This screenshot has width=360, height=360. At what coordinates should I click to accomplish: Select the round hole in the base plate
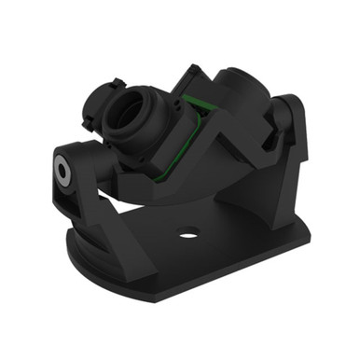pyautogui.click(x=188, y=233)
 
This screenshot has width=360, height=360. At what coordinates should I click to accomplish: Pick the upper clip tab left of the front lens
pyautogui.click(x=93, y=96)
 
